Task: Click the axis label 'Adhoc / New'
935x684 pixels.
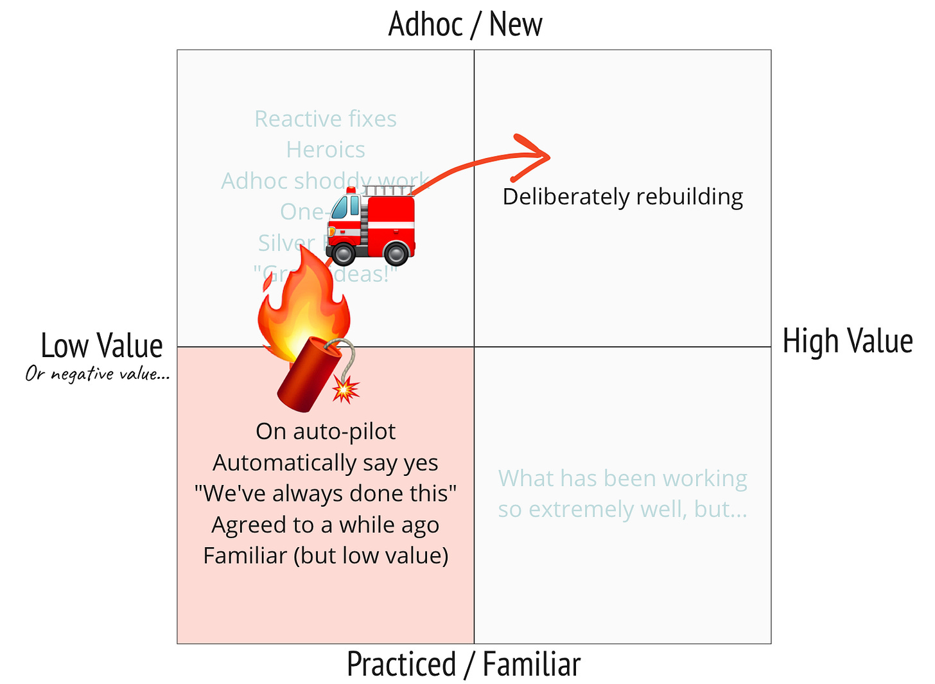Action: (x=465, y=24)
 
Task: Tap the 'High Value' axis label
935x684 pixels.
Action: (x=847, y=341)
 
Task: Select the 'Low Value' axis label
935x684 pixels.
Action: (x=101, y=346)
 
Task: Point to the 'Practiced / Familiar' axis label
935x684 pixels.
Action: (x=464, y=664)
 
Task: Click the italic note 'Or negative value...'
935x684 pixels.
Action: (x=97, y=374)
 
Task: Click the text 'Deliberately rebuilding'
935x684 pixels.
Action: (x=622, y=197)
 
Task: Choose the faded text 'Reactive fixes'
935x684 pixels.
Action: (x=326, y=119)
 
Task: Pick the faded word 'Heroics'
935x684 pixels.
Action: (x=326, y=150)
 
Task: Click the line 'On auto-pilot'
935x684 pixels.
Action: (x=326, y=431)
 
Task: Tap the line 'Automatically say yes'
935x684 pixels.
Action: (x=326, y=462)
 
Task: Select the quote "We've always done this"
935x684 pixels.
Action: (x=326, y=493)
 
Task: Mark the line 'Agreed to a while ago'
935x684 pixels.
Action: (x=326, y=525)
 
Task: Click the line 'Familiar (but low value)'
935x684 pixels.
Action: (x=326, y=556)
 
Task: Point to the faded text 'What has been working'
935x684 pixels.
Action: (x=622, y=478)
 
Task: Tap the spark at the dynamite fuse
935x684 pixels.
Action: (x=345, y=389)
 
